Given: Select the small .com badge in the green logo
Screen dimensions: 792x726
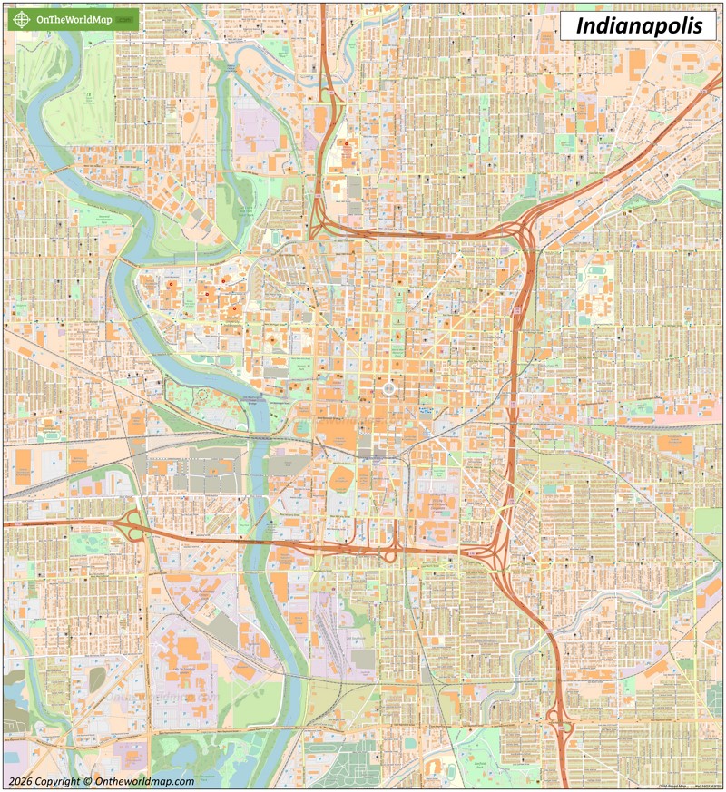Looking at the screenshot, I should coord(126,20).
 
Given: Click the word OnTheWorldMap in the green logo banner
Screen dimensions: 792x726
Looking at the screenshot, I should coord(74,19).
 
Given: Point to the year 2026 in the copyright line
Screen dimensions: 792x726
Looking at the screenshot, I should coord(21,781).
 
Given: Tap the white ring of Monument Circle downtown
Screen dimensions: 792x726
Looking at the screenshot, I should coord(389,388).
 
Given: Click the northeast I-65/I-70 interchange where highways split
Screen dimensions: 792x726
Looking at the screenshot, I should coord(525,238).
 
